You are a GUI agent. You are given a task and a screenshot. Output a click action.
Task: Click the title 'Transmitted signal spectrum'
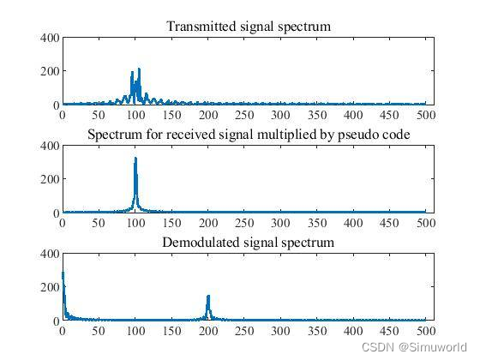pos(249,27)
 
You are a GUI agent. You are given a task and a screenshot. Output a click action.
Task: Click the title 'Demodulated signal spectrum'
pos(249,243)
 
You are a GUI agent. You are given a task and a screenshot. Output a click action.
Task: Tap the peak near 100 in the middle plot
pos(135,159)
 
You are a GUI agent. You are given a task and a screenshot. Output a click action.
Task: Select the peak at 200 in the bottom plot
pos(208,297)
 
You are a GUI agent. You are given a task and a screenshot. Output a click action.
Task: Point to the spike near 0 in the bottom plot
pos(63,274)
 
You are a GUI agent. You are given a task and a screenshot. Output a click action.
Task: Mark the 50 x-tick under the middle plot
pos(99,223)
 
